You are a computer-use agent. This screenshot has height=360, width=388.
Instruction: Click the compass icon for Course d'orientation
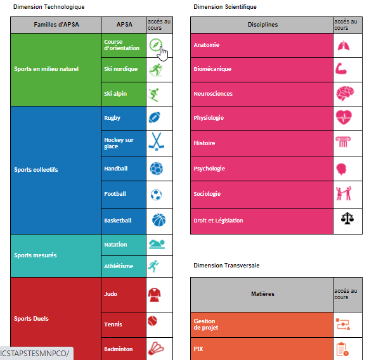tap(156, 45)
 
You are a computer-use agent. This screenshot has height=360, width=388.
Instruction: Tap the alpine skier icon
tap(155, 94)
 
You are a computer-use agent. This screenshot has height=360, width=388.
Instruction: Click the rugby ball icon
tap(155, 117)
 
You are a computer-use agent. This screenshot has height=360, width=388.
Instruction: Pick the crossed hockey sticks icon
tap(156, 141)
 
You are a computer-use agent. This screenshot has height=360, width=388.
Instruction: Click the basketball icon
tap(158, 221)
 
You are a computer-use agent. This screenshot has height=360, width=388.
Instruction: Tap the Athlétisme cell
tap(123, 266)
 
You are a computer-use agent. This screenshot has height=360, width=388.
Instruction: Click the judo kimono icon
tap(154, 294)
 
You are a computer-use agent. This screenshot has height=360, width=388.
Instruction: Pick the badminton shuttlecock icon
tap(156, 349)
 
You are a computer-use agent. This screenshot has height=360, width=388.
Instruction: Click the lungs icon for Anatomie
tap(344, 46)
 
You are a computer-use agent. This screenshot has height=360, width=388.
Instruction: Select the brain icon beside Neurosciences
tap(344, 94)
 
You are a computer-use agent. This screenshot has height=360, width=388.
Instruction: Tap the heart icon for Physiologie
tap(344, 117)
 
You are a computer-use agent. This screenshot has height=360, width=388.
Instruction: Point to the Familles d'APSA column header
tap(55, 25)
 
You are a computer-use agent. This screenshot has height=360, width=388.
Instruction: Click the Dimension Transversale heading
tap(226, 265)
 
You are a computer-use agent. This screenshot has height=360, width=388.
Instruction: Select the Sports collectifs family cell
tap(55, 170)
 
